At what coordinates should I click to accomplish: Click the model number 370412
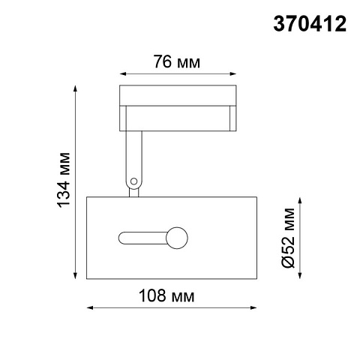click(310, 24)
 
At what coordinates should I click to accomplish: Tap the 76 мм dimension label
click(176, 61)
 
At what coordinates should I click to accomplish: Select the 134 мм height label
click(64, 179)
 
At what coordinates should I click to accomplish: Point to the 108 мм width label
click(166, 295)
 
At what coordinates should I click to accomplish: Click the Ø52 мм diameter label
click(288, 238)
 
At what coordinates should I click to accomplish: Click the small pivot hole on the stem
click(134, 181)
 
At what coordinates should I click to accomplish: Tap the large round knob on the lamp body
click(177, 238)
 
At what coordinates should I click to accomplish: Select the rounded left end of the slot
click(122, 238)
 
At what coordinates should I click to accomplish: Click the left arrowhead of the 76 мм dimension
click(122, 73)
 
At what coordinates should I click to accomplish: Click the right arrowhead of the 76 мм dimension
click(233, 73)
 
